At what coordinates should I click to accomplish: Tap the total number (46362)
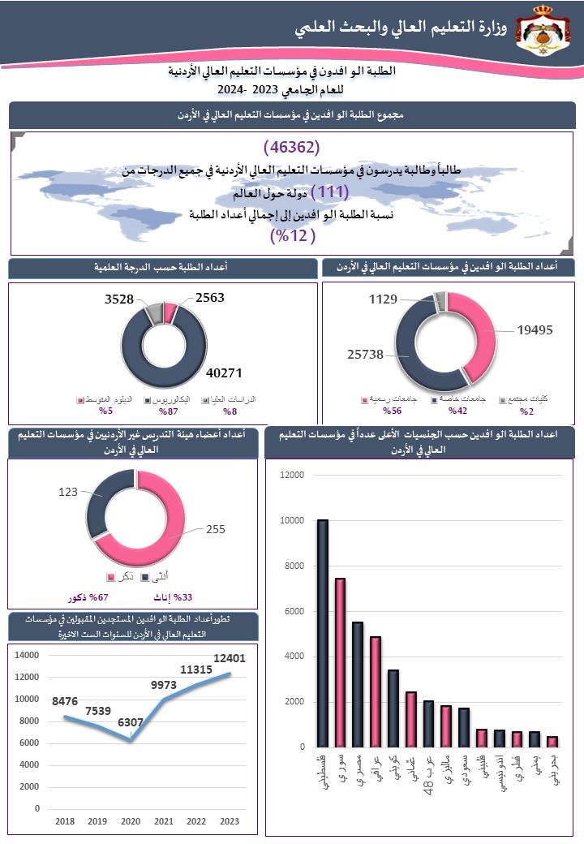click(292, 148)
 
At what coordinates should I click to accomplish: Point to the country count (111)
click(329, 192)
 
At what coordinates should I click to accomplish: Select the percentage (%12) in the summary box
click(292, 236)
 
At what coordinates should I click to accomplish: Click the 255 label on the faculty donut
click(215, 529)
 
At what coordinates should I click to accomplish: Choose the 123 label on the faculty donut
click(68, 492)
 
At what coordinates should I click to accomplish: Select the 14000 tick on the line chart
click(27, 655)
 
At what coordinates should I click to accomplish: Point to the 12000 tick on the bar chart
click(290, 475)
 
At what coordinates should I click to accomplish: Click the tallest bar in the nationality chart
click(323, 632)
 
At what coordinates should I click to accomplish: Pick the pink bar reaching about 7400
click(341, 661)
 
